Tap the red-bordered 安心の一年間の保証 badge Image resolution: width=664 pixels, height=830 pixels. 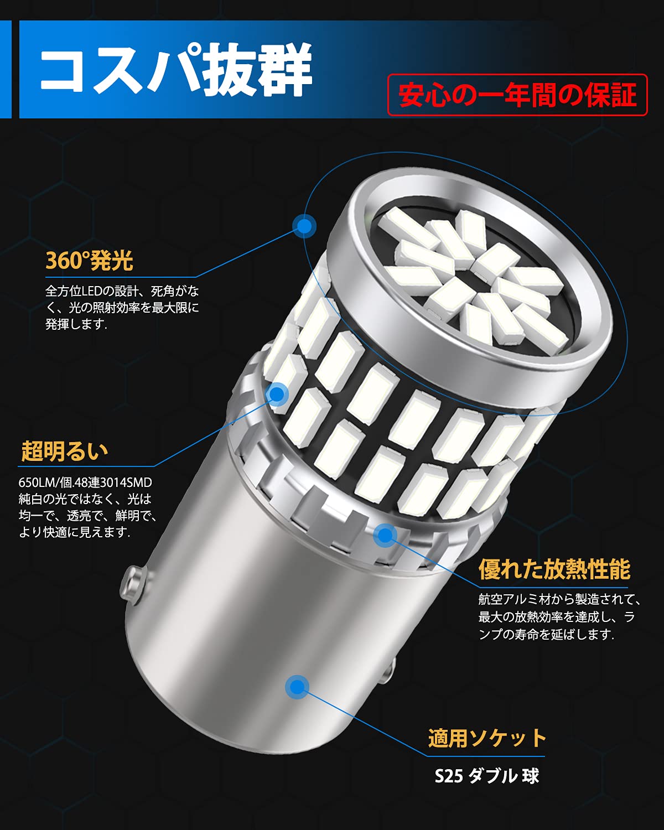point(517,95)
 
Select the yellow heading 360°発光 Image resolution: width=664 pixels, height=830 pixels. point(89,261)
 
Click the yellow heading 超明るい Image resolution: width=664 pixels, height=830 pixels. point(65,452)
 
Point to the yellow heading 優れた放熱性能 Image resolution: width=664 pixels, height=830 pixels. point(554,569)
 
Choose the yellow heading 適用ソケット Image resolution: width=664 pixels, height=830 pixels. point(487,738)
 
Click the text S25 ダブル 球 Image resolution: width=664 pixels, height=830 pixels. point(486,776)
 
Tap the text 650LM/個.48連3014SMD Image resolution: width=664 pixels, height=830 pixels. point(85,483)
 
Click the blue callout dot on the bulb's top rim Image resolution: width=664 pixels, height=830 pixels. point(304,226)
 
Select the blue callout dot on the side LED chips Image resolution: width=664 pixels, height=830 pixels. point(277,394)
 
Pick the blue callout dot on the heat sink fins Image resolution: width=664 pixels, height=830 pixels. point(385,535)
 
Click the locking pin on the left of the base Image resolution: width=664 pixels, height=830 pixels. point(133,579)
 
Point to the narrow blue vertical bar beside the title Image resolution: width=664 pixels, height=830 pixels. point(5,69)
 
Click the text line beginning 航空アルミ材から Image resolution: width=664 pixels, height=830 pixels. point(559,599)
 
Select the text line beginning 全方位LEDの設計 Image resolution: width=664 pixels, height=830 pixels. point(122,291)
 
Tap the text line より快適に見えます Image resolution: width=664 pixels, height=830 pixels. point(75,532)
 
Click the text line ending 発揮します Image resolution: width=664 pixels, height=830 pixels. point(76,324)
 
